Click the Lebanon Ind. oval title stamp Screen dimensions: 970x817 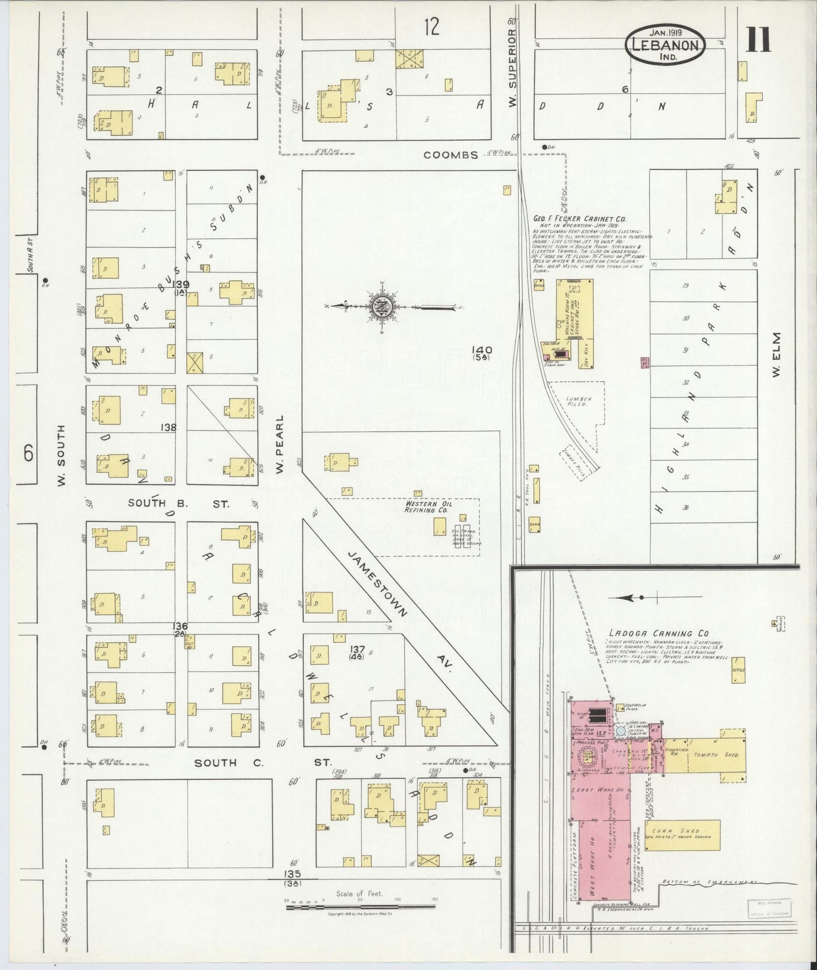(665, 44)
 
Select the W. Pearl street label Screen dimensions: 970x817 (279, 444)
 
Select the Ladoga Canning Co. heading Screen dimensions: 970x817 (659, 633)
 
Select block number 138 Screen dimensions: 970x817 (168, 427)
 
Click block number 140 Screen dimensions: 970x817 (484, 350)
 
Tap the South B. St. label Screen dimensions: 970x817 (178, 503)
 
